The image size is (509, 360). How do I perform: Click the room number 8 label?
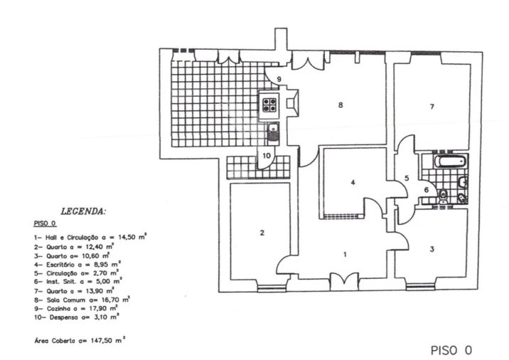pos(341,105)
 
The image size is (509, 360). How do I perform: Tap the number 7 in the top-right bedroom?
pos(432,107)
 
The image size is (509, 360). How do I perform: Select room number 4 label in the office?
pos(353,182)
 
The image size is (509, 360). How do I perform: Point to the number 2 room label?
pos(262,233)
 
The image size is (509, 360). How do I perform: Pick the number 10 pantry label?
pos(267,154)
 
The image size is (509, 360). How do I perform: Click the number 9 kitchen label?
pos(279,78)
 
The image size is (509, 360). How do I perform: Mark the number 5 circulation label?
pos(407,178)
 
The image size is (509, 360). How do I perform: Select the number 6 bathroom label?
pos(427,189)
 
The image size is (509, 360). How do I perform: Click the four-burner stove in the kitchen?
pos(270,105)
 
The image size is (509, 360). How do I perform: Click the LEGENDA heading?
pos(83,211)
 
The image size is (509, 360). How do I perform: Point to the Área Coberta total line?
pos(80,339)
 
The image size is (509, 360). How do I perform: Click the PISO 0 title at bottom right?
pos(451,350)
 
